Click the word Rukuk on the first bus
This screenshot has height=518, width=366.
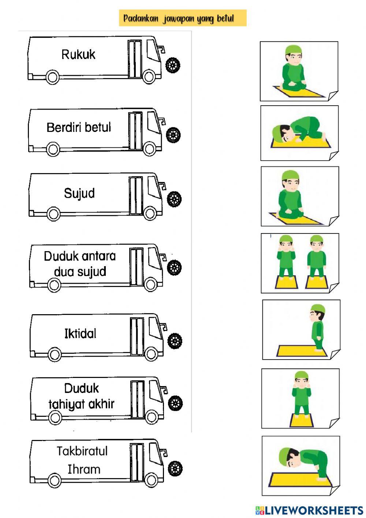(78, 55)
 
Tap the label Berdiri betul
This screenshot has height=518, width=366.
(79, 128)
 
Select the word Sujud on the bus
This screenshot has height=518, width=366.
(79, 193)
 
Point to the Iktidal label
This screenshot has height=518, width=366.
(80, 334)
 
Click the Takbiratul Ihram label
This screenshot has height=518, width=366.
(82, 460)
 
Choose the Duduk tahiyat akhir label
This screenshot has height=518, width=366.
(82, 396)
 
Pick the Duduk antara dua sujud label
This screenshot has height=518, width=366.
(80, 264)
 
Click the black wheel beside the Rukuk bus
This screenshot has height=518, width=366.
(173, 66)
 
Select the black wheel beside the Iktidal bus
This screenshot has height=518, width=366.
(175, 341)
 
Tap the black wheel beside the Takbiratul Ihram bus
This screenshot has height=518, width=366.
(176, 468)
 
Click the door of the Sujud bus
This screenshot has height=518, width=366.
(135, 196)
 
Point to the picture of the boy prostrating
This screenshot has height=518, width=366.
(299, 133)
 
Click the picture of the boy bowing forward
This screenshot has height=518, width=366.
(300, 465)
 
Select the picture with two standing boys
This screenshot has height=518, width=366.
(300, 263)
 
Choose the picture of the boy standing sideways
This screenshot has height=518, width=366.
(301, 329)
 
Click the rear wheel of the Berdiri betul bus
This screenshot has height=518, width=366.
(53, 149)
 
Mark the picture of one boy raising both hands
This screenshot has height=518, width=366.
(300, 398)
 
